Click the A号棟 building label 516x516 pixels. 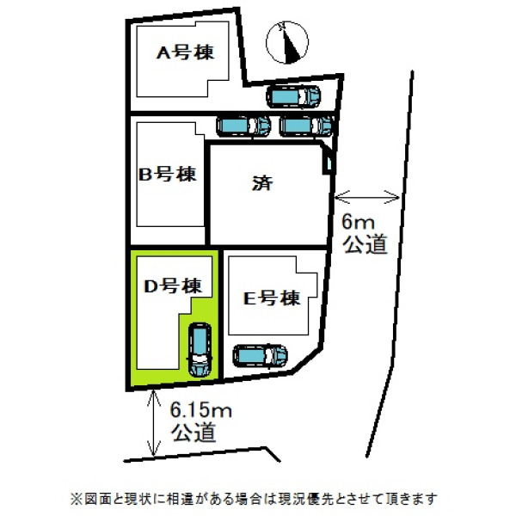[185, 52]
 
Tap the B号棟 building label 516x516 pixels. [168, 174]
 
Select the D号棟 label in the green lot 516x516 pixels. [173, 286]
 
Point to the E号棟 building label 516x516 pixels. [272, 298]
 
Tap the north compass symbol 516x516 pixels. [287, 42]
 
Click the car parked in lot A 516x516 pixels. [293, 96]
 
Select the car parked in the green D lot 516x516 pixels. [200, 350]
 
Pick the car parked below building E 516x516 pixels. [260, 356]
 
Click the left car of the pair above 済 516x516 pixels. [243, 126]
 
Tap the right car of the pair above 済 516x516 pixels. [306, 126]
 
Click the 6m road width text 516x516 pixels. [358, 223]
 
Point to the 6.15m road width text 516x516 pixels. [200, 411]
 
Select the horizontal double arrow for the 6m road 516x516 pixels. [367, 198]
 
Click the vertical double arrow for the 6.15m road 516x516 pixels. [154, 423]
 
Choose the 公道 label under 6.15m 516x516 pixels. [193, 432]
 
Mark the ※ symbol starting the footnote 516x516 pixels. [76, 499]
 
